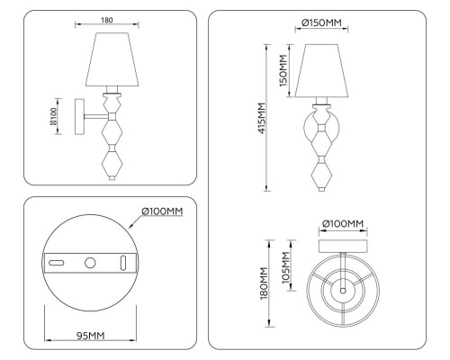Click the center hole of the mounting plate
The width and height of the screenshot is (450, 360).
click(x=90, y=263)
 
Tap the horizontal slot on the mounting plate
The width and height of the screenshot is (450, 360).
click(x=56, y=263)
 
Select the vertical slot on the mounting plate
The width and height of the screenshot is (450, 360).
click(x=123, y=263)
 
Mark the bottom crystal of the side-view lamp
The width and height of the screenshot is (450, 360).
click(x=113, y=164)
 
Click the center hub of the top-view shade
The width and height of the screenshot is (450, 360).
click(x=342, y=291)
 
